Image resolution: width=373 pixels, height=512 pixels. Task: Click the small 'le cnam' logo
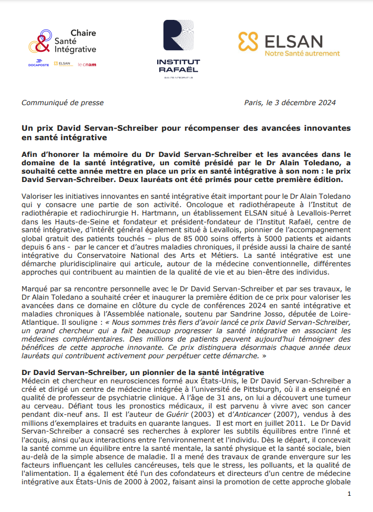(86, 64)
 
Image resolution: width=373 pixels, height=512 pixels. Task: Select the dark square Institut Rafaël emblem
(178, 38)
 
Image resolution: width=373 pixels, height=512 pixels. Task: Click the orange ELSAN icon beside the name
(249, 42)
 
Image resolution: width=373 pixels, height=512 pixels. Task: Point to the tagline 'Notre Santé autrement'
(302, 53)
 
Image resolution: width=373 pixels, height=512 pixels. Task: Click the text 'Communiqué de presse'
(62, 103)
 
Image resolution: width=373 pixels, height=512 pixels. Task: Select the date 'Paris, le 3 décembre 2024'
(290, 103)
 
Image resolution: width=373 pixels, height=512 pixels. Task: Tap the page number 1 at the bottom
(349, 494)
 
